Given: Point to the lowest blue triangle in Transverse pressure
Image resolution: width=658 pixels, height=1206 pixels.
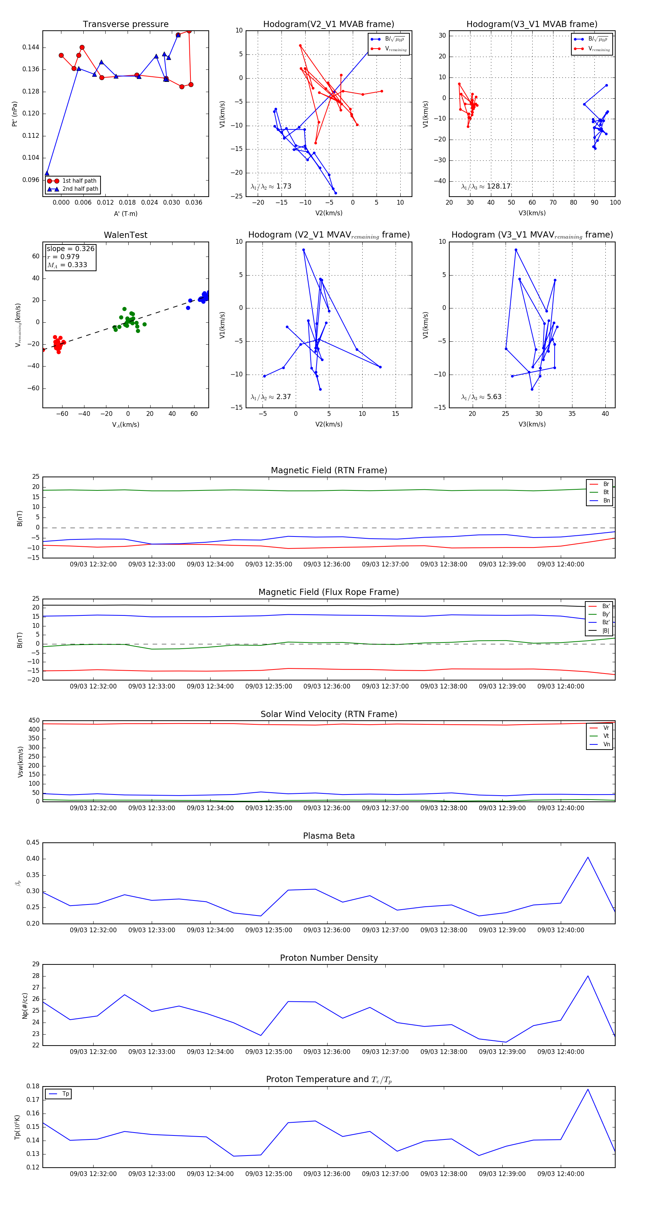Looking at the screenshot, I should pyautogui.click(x=47, y=173).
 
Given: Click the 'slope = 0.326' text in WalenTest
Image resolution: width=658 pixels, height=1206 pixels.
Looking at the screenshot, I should pyautogui.click(x=70, y=249).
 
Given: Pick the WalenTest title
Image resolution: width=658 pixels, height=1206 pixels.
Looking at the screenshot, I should pyautogui.click(x=125, y=235).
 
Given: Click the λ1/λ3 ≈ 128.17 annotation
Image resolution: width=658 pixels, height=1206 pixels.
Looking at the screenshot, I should pyautogui.click(x=486, y=186).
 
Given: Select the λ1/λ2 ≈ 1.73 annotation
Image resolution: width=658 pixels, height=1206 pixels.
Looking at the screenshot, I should pyautogui.click(x=271, y=186).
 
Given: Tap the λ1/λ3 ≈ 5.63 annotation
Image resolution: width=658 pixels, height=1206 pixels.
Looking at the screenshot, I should pyautogui.click(x=481, y=397).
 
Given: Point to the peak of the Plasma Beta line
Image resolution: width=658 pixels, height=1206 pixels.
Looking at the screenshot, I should pyautogui.click(x=588, y=857).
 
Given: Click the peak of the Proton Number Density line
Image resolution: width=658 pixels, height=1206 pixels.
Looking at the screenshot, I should pyautogui.click(x=588, y=976).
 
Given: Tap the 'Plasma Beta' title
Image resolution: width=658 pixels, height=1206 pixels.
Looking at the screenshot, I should pyautogui.click(x=329, y=836).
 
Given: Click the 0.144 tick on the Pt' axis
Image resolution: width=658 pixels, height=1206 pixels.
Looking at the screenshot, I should pyautogui.click(x=30, y=47).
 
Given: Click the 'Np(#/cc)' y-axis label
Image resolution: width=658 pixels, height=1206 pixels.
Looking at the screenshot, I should pyautogui.click(x=25, y=1006).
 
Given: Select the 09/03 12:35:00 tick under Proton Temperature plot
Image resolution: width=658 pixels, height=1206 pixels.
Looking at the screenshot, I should pyautogui.click(x=268, y=1174).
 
